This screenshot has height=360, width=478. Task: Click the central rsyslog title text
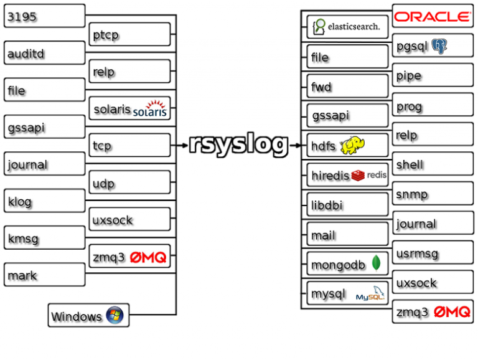tap(238, 145)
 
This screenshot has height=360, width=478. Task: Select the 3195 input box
tap(44, 16)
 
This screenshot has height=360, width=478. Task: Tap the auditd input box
tap(44, 53)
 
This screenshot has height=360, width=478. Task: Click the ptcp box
tap(129, 35)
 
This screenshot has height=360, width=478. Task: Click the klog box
tap(44, 201)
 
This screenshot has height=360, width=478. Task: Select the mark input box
tap(44, 274)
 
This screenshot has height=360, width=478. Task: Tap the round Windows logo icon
tap(115, 315)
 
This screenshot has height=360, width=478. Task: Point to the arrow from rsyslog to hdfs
tap(296, 146)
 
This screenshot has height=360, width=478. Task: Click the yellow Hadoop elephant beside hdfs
tap(352, 145)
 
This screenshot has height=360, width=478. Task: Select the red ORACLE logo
tap(433, 16)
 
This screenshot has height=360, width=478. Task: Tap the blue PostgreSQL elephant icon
tap(440, 45)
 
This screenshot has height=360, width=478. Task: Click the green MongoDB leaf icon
tap(376, 263)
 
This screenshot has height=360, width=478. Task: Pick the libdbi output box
tap(347, 204)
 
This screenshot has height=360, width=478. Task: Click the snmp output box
tap(433, 194)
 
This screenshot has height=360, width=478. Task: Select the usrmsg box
tap(433, 253)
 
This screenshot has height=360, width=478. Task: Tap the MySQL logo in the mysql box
tap(370, 296)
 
